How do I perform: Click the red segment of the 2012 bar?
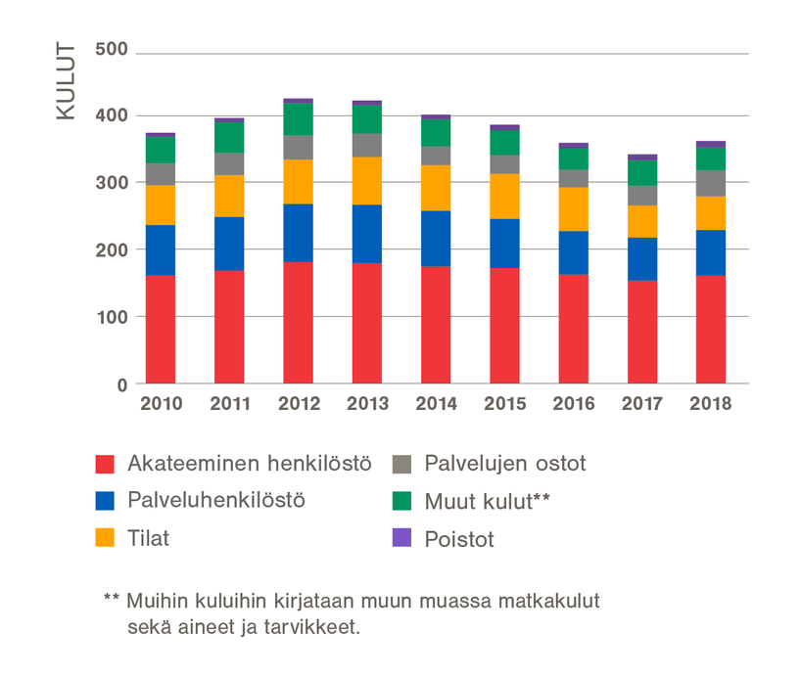coord(298,323)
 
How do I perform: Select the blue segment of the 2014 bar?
coord(436,239)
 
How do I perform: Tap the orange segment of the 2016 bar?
coord(573,209)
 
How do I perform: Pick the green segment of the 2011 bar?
coord(229,138)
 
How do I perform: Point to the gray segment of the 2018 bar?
coord(711,183)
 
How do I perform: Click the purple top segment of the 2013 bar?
coord(367,102)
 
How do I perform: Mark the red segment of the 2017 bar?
coord(642,333)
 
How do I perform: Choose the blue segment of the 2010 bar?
coord(161,250)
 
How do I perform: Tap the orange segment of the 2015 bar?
coord(504,196)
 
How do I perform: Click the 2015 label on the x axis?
coord(504,404)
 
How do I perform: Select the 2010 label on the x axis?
coord(161,404)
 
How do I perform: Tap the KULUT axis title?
coord(66,80)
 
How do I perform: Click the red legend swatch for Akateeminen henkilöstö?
coord(106,464)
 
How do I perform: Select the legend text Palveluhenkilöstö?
coord(216,500)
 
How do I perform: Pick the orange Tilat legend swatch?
coord(106,538)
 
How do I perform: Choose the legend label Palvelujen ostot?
coord(505,464)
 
